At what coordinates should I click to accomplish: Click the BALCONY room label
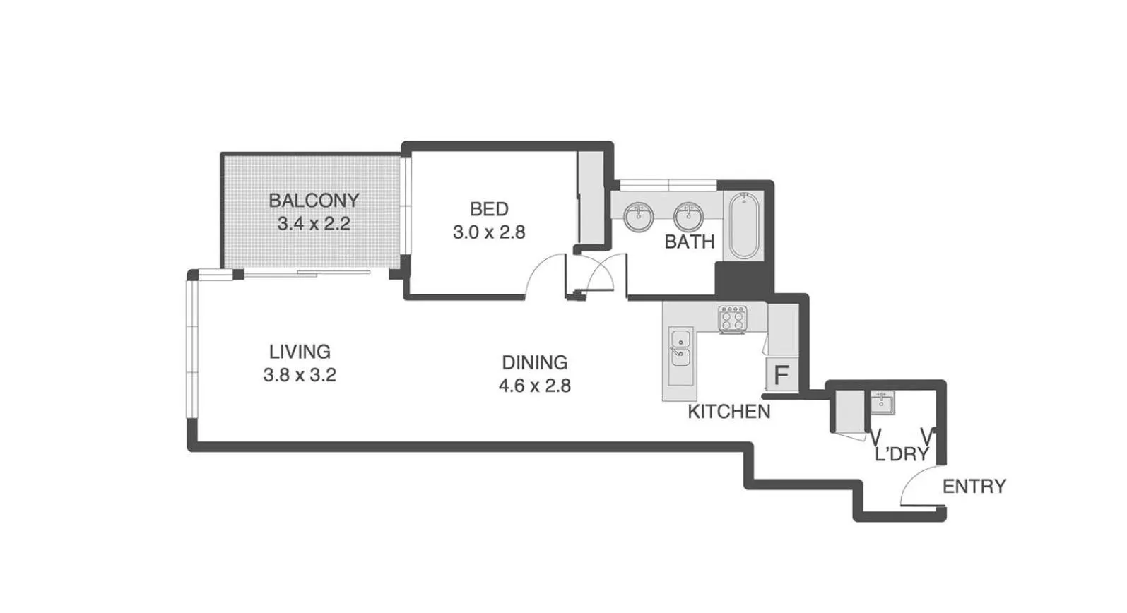(314, 201)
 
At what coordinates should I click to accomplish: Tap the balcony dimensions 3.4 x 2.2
(314, 225)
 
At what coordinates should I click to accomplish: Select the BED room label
(489, 209)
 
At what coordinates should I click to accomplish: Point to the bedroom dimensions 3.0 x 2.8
(489, 232)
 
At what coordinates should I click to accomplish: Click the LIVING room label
(300, 351)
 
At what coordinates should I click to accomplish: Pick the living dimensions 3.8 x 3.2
(300, 375)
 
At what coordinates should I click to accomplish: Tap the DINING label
(534, 362)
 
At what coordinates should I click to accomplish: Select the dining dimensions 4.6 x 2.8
(534, 386)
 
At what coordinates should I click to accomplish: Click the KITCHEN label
(728, 412)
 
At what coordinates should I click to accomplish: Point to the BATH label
(689, 242)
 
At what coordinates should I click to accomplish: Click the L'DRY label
(901, 454)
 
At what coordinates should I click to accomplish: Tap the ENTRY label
(974, 486)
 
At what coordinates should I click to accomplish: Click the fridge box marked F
(781, 375)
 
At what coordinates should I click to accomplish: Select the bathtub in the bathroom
(743, 225)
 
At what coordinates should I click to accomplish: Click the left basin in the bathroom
(639, 216)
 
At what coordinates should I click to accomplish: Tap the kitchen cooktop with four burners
(732, 319)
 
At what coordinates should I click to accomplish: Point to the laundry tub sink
(882, 403)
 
